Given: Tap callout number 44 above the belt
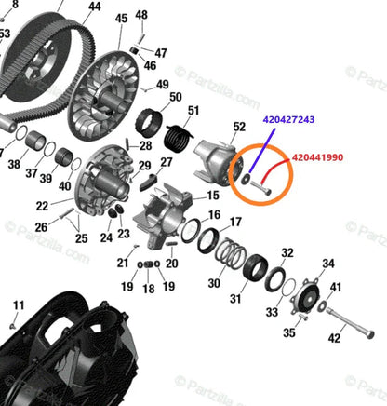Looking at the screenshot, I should [x=94, y=7].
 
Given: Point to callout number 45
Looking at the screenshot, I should [x=122, y=19].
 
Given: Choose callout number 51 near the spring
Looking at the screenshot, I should [x=193, y=111].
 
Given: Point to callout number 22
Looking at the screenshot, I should [x=43, y=206].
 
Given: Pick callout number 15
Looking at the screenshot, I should [x=213, y=196].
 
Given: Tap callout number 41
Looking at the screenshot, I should [x=336, y=287].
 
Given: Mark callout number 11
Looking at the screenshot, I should [x=18, y=305].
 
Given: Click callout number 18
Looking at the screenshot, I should [x=149, y=289].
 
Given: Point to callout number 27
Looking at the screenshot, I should [x=167, y=162].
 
